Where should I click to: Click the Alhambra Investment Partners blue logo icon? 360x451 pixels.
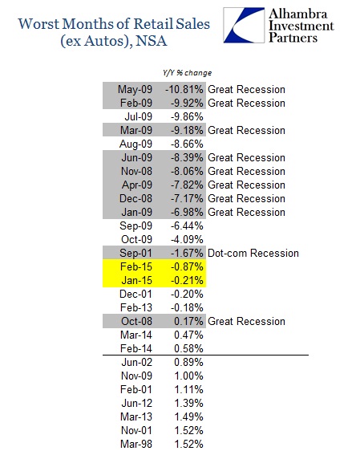(244, 26)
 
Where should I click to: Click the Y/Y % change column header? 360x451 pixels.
(187, 73)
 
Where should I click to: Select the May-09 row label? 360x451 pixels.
(135, 89)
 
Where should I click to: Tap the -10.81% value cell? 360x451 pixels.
(184, 89)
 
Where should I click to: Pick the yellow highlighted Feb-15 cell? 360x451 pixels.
(136, 266)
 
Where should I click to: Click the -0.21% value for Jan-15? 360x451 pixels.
(187, 280)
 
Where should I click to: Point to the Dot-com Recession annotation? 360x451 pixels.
(253, 253)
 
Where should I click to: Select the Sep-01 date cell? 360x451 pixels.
(136, 253)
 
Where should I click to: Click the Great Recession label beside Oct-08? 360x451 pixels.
(246, 321)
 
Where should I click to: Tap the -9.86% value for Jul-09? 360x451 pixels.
(187, 117)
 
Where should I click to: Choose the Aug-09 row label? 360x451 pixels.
(136, 144)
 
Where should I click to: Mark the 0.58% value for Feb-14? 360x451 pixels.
(188, 348)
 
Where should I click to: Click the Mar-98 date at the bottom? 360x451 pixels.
(136, 444)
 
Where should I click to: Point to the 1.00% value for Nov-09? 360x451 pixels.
(188, 376)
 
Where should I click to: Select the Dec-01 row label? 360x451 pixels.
(136, 294)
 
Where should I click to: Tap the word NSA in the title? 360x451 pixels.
(151, 41)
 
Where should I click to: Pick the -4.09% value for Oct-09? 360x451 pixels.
(187, 239)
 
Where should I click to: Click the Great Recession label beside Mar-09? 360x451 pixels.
(246, 130)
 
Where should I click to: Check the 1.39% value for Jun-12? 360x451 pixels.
(188, 404)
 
